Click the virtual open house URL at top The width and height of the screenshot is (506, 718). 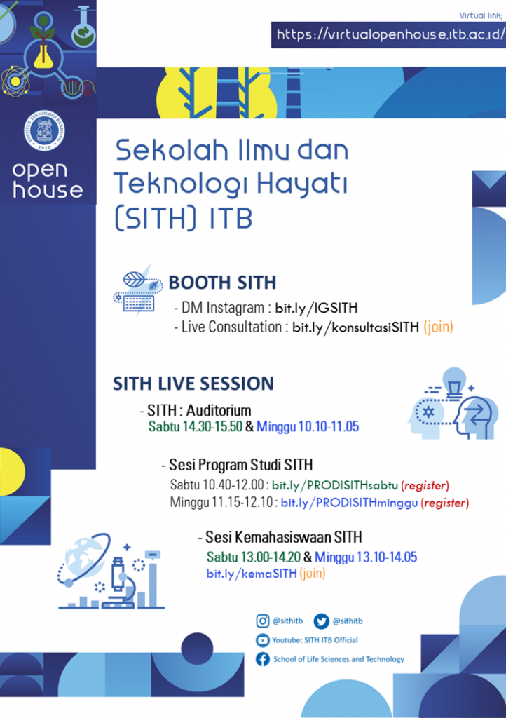pyautogui.click(x=390, y=34)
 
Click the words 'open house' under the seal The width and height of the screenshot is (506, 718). pyautogui.click(x=47, y=180)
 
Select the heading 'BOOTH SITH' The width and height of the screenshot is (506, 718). pyautogui.click(x=222, y=283)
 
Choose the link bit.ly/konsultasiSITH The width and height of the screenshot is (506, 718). pyautogui.click(x=355, y=327)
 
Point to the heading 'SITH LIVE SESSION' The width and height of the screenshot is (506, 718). pyautogui.click(x=193, y=384)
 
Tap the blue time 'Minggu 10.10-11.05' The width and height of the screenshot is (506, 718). pyautogui.click(x=308, y=426)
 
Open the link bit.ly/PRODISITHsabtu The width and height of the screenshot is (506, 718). pyautogui.click(x=334, y=485)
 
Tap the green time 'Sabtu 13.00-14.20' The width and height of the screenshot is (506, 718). pyautogui.click(x=253, y=557)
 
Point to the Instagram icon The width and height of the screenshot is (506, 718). pyautogui.click(x=263, y=621)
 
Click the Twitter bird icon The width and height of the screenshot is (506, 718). pyautogui.click(x=322, y=621)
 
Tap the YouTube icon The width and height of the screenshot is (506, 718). pyautogui.click(x=263, y=639)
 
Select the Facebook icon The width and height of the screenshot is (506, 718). pyautogui.click(x=263, y=659)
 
